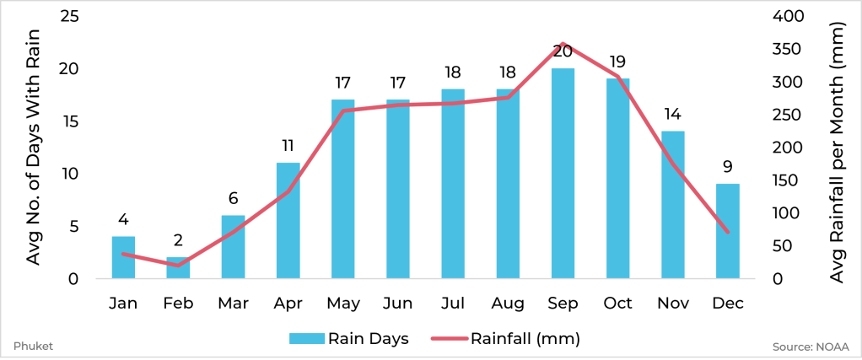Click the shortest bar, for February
tap(178, 267)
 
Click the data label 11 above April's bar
tap(288, 146)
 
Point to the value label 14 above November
tap(672, 115)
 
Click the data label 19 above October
tap(617, 62)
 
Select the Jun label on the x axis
tap(397, 304)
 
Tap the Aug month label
tap(507, 304)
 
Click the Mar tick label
tap(233, 304)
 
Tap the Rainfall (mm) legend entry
tap(505, 339)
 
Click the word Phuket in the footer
tap(29, 347)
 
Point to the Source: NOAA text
tap(810, 347)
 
